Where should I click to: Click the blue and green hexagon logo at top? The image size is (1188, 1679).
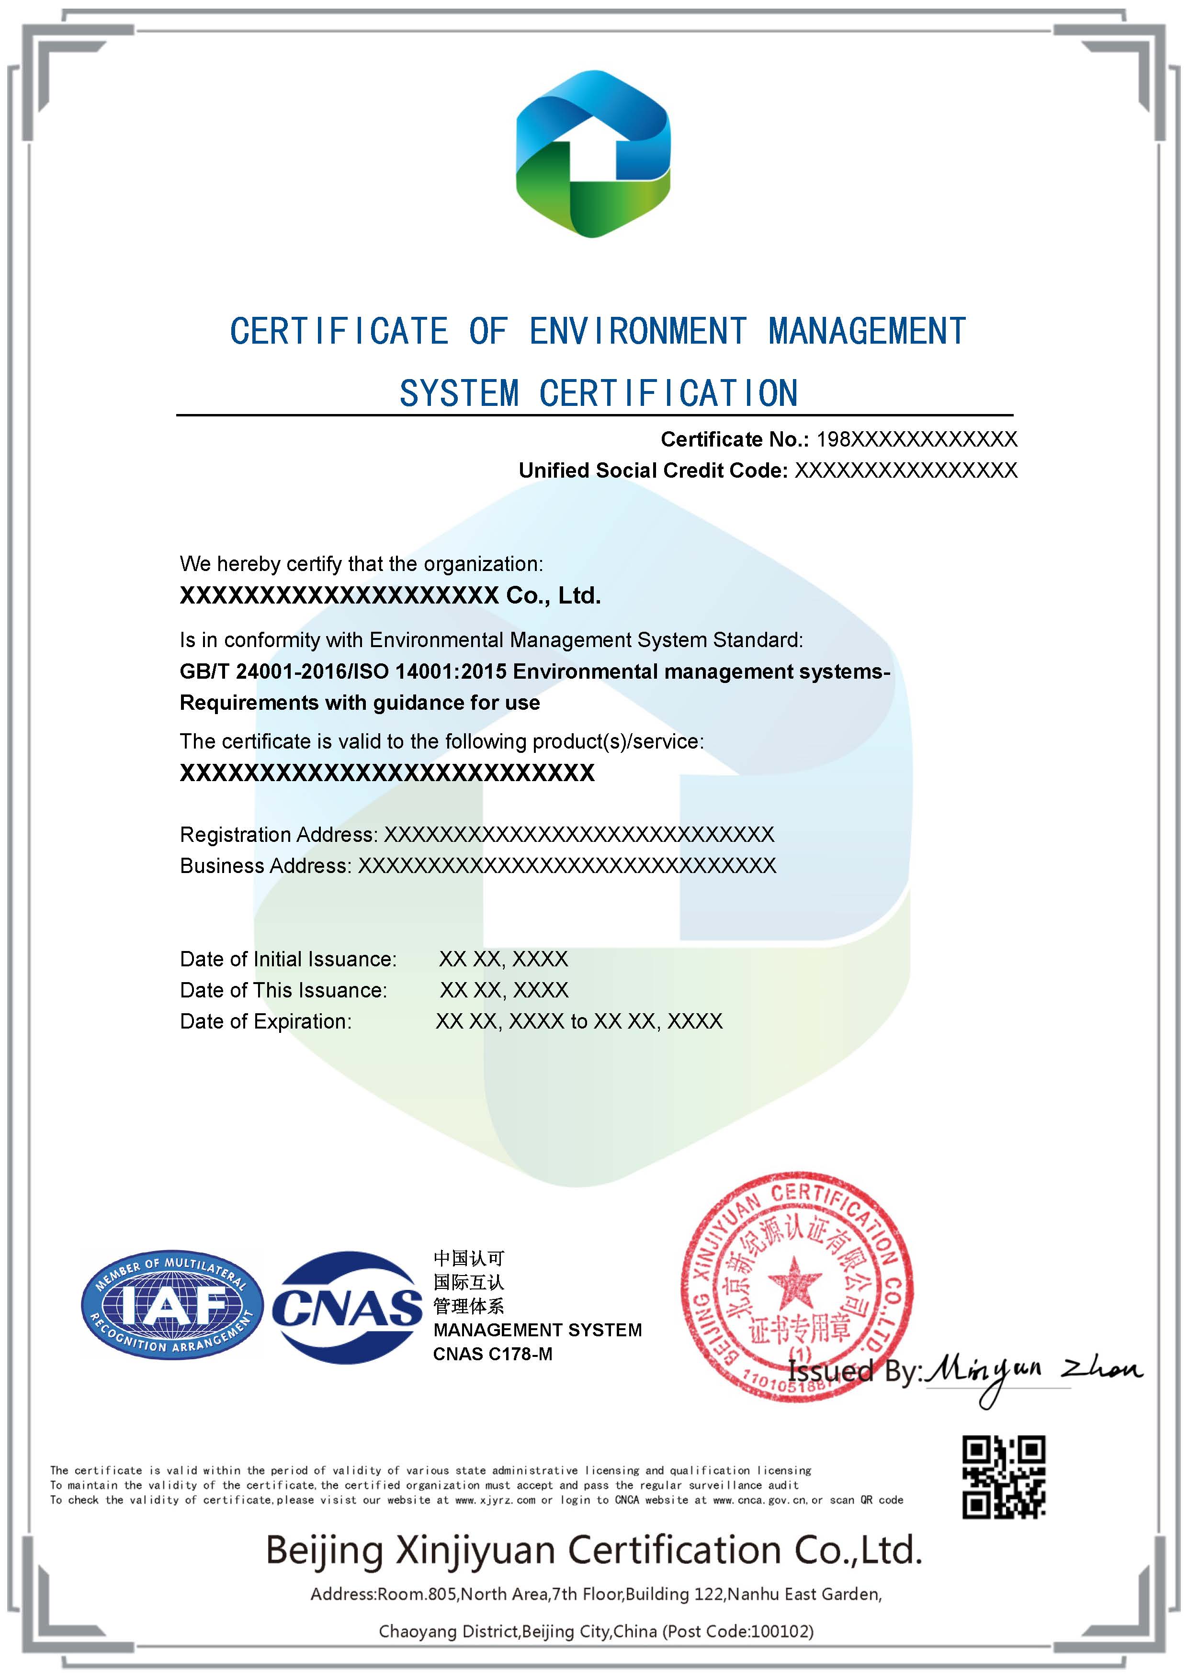point(593,154)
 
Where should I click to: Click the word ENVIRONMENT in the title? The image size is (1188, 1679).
point(637,331)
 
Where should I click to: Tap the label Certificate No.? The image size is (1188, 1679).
point(735,439)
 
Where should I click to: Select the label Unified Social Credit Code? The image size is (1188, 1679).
point(653,470)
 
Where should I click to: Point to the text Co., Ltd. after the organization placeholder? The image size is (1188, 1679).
point(553,596)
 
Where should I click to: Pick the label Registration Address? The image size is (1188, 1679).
point(279,834)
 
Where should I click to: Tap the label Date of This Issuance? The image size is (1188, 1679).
point(283,990)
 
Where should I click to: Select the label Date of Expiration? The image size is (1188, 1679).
point(266,1021)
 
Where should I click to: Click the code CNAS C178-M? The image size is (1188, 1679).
point(492,1354)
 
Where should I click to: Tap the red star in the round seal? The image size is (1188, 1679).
point(794,1283)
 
